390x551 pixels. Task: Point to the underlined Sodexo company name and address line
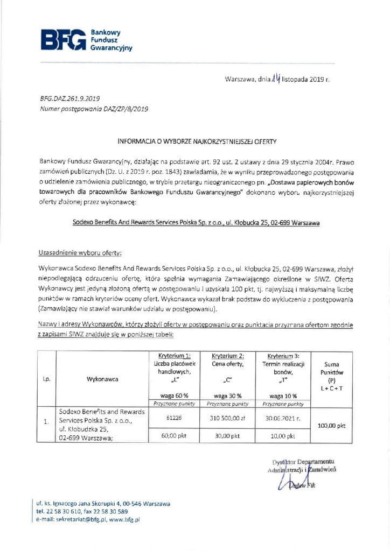click(196, 221)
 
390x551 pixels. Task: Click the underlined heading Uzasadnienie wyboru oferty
click(80, 252)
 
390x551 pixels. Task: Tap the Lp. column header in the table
click(46, 379)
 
